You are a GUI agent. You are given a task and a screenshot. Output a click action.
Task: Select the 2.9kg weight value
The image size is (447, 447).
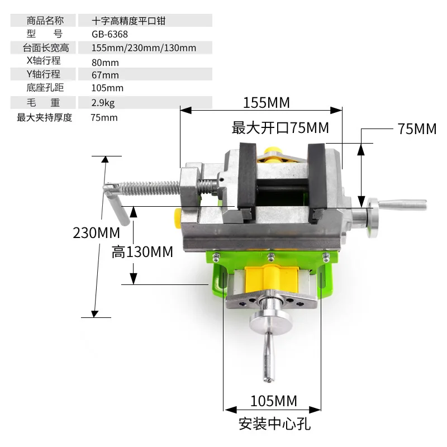click(x=103, y=103)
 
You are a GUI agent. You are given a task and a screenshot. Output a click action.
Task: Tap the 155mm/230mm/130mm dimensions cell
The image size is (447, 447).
click(x=144, y=48)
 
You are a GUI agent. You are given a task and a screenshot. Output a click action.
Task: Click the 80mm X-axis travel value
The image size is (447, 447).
click(x=106, y=62)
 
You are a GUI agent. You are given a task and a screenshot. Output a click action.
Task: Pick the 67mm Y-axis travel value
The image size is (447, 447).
click(x=106, y=75)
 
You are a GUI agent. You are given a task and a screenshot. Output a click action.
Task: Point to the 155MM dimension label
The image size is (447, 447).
click(x=267, y=103)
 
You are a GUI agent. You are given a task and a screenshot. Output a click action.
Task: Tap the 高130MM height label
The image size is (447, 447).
click(x=142, y=252)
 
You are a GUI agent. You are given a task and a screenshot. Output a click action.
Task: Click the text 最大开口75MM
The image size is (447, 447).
click(x=280, y=128)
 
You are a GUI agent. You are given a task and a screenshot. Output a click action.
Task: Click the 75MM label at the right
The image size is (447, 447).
click(x=417, y=129)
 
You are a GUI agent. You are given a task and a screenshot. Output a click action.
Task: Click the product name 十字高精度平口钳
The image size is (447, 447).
click(x=129, y=21)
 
